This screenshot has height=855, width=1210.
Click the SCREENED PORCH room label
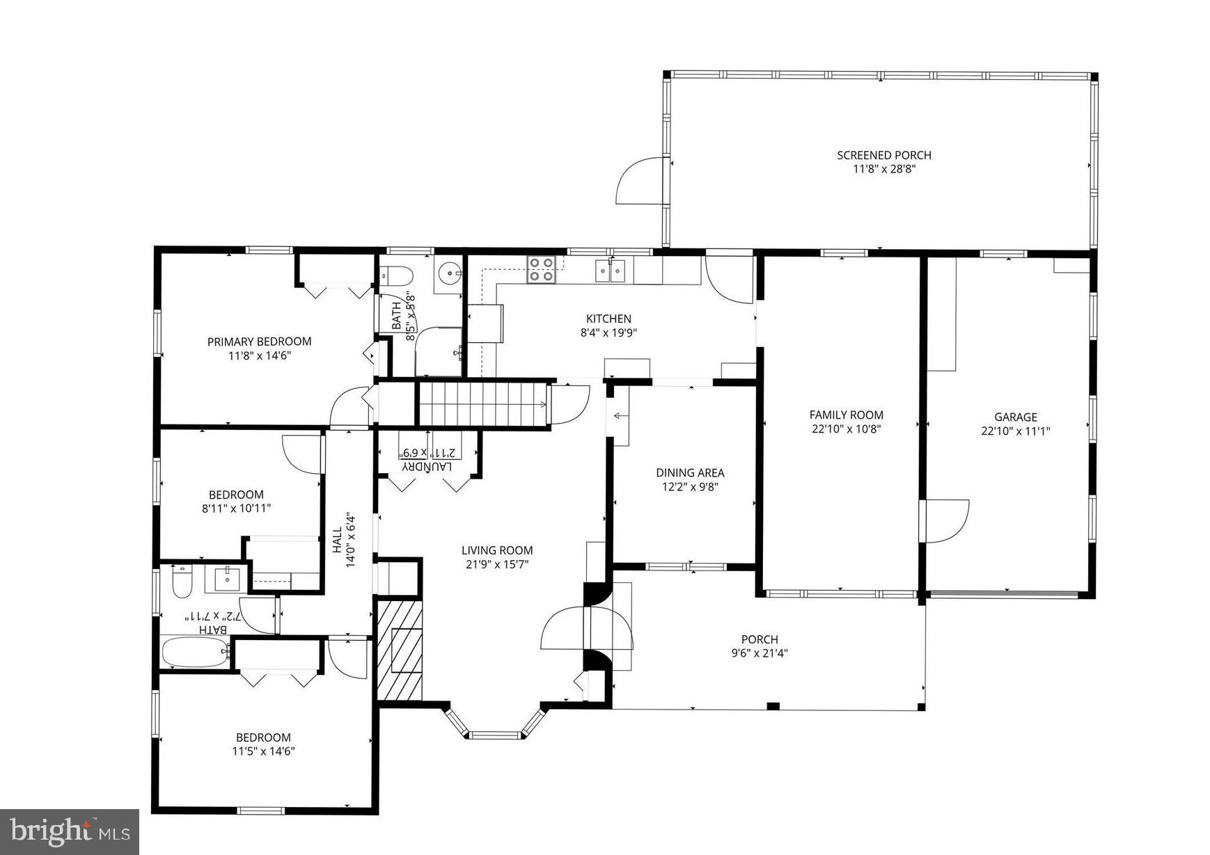(883, 155)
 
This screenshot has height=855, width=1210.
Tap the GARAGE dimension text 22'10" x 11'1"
(1015, 431)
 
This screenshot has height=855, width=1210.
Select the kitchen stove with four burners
(542, 269)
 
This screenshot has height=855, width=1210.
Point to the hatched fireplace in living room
(400, 650)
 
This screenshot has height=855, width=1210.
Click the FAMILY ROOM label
(846, 415)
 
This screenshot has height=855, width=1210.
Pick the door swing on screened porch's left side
(638, 181)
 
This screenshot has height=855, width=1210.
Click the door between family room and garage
(945, 520)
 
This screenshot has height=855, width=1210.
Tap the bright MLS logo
(70, 831)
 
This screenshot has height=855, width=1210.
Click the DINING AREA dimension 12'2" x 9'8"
(689, 487)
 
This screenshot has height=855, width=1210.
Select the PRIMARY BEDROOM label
(259, 341)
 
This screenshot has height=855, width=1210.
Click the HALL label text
(337, 541)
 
